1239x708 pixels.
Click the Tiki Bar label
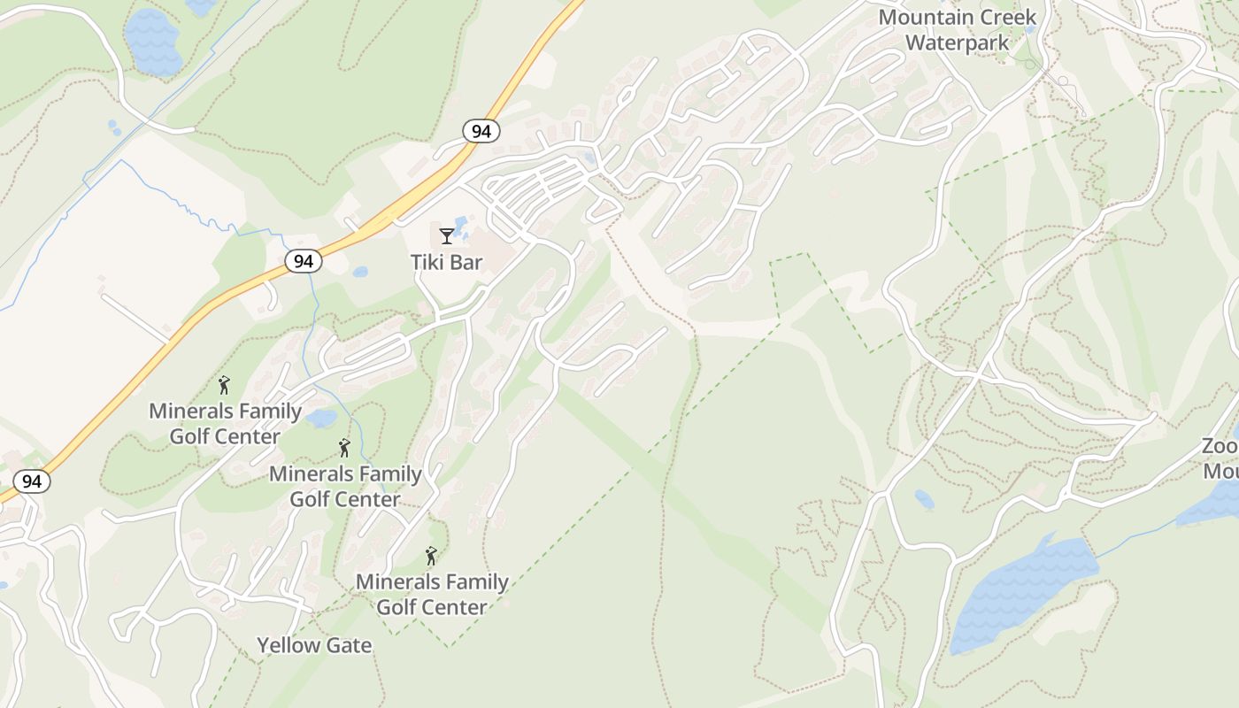[446, 262]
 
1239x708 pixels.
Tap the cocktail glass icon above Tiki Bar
[446, 235]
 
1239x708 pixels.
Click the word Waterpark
[957, 42]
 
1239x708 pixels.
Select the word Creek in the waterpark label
[1007, 18]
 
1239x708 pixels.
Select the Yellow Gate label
[314, 645]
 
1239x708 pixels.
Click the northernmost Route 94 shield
[481, 131]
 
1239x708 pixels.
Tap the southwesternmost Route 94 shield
[32, 481]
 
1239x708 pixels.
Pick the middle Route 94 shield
[304, 261]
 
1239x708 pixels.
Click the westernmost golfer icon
[224, 385]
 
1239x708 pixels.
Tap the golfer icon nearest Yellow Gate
[431, 556]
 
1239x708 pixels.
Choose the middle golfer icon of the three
[344, 448]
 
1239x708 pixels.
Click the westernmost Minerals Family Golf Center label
[225, 424]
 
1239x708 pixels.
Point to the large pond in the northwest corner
[152, 42]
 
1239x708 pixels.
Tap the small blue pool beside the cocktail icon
[461, 223]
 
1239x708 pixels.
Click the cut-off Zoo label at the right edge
[1220, 458]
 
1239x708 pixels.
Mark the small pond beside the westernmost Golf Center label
[321, 418]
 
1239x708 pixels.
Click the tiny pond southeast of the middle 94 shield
[360, 272]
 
